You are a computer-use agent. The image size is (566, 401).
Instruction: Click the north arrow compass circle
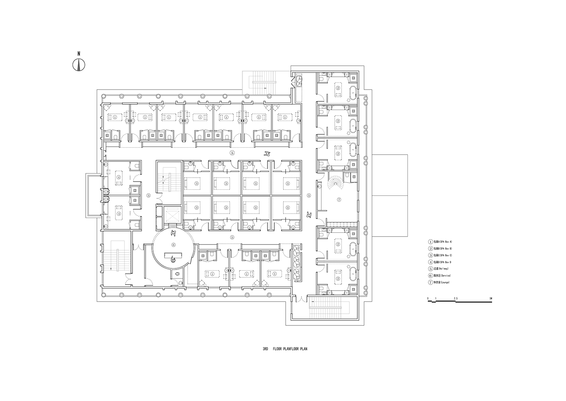pos(79,65)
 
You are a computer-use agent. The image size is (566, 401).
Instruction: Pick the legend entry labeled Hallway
pos(439,269)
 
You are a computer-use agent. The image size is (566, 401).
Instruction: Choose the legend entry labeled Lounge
pos(439,282)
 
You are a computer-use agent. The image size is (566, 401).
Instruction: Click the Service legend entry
pos(439,276)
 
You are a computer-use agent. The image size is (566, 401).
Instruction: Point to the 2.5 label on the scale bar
pos(456,299)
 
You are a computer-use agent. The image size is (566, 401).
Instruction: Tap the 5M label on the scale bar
pos(490,299)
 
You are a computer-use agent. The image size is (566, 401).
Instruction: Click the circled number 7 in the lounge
pos(338,199)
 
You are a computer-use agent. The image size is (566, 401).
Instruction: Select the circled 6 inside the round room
pos(173,244)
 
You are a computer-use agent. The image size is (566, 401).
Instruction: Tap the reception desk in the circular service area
pos(173,255)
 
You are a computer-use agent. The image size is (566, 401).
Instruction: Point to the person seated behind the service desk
pos(173,259)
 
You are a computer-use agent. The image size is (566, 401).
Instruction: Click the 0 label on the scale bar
pos(428,299)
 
